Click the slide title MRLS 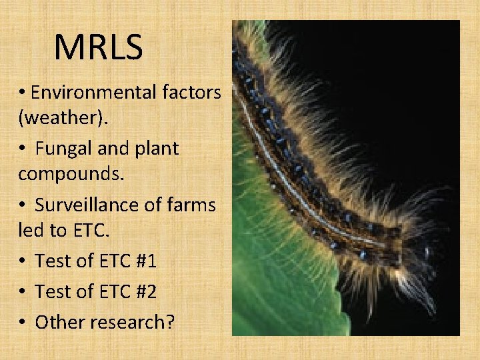[x=98, y=47]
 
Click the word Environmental [x=94, y=91]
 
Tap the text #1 [x=144, y=261]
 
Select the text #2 [x=144, y=291]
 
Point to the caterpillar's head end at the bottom [x=417, y=257]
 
